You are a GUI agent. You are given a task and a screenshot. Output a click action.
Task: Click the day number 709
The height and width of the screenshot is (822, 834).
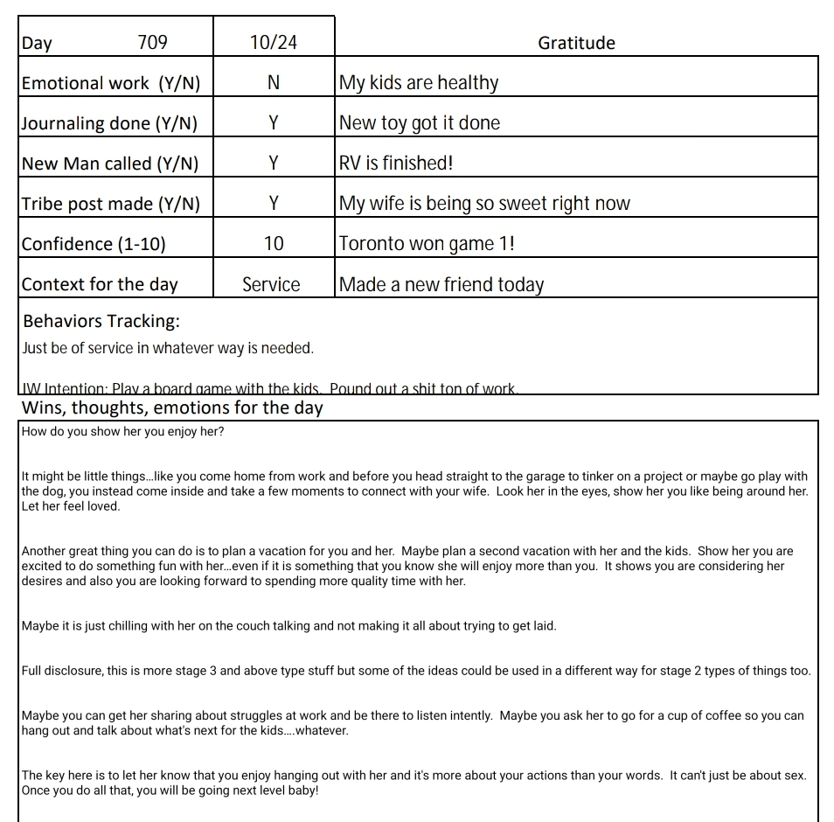(x=153, y=42)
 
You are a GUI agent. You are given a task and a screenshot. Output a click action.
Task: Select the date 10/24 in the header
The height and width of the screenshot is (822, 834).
(x=274, y=42)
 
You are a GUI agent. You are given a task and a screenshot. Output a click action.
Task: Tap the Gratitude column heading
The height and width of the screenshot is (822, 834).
(x=576, y=43)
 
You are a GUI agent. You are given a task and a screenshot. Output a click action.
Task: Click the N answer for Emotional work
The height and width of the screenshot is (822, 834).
(x=274, y=82)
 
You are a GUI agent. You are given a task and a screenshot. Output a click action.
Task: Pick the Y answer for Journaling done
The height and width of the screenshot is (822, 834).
(x=274, y=122)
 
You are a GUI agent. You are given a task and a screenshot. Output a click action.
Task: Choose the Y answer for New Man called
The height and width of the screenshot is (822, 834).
(x=274, y=163)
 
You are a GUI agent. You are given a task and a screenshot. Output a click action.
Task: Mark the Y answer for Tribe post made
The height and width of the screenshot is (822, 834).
(x=274, y=203)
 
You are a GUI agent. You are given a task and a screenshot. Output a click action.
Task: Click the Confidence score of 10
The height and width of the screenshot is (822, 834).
(x=274, y=243)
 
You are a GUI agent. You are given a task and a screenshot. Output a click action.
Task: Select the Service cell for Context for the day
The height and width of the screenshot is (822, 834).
(x=271, y=284)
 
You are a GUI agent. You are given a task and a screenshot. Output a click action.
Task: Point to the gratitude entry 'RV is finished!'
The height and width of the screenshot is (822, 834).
(x=396, y=163)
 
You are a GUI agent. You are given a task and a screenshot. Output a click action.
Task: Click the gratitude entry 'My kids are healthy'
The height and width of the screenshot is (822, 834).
(x=419, y=83)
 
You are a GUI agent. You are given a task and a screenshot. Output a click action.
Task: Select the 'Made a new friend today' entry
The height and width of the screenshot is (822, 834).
(x=441, y=284)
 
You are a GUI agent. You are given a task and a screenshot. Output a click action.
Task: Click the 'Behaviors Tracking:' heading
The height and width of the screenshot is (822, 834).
(x=101, y=321)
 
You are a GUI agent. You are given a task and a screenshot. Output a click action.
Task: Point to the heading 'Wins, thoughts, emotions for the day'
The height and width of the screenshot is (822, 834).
(x=172, y=408)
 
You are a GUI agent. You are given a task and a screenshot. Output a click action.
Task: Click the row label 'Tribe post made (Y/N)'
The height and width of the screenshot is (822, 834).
(x=111, y=204)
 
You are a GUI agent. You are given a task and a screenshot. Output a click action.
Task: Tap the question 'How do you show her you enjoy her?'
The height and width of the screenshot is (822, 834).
(x=122, y=432)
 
